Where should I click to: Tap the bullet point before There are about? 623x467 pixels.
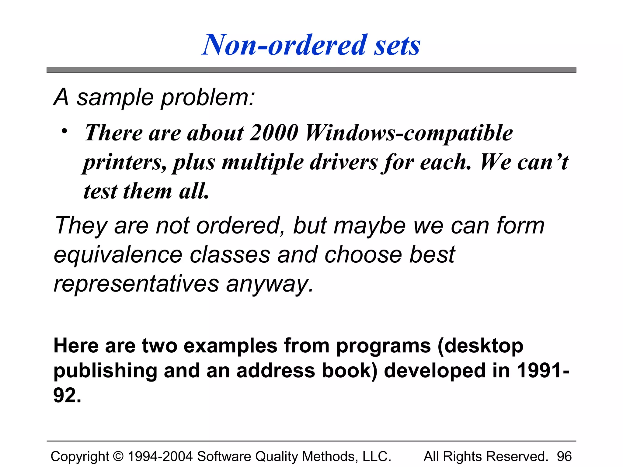pyautogui.click(x=64, y=131)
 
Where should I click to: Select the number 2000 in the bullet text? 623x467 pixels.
pyautogui.click(x=274, y=133)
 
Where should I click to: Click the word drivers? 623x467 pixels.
pyautogui.click(x=344, y=162)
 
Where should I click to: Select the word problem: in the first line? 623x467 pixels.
pyautogui.click(x=208, y=98)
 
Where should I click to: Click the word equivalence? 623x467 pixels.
pyautogui.click(x=118, y=255)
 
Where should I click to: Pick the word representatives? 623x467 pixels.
pyautogui.click(x=136, y=284)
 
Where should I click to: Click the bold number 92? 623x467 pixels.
pyautogui.click(x=67, y=395)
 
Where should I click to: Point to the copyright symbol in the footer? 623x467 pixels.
pyautogui.click(x=118, y=456)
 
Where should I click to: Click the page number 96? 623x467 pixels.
pyautogui.click(x=564, y=456)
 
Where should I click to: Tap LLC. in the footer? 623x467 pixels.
pyautogui.click(x=377, y=456)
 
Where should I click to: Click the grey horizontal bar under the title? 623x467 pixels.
pyautogui.click(x=311, y=70)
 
